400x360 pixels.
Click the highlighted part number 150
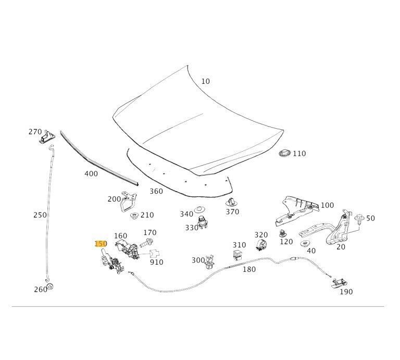pos(101,243)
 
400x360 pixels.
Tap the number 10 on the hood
pos(206,81)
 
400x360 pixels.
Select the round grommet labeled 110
pos(284,154)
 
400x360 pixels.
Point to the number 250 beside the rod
pos(40,215)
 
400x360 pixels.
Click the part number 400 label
pos(91,173)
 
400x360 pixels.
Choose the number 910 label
pos(156,262)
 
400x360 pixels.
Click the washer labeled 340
pos(199,212)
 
